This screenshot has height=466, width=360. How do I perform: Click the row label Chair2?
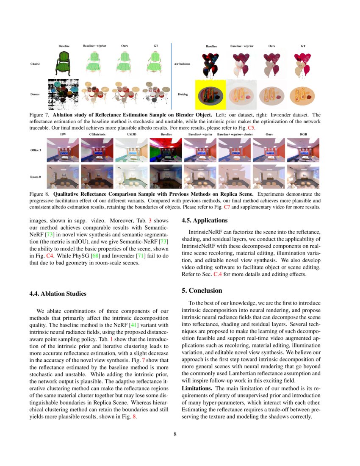(35, 64)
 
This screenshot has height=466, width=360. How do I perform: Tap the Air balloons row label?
(182, 64)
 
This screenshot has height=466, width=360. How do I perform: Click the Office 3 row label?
(36, 150)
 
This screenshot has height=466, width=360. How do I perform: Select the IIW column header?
(63, 134)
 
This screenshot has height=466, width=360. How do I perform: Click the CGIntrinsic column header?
(98, 134)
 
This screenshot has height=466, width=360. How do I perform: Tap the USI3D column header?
(132, 134)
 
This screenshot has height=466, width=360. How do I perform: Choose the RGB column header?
(303, 134)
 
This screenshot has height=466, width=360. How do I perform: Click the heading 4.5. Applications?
(205, 220)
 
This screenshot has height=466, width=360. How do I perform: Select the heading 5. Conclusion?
(202, 291)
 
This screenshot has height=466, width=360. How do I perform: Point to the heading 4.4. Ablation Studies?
(58, 294)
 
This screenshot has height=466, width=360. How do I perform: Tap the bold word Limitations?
(197, 388)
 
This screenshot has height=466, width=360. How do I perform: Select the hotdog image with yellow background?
(210, 94)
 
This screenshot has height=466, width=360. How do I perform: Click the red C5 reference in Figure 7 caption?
(250, 127)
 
